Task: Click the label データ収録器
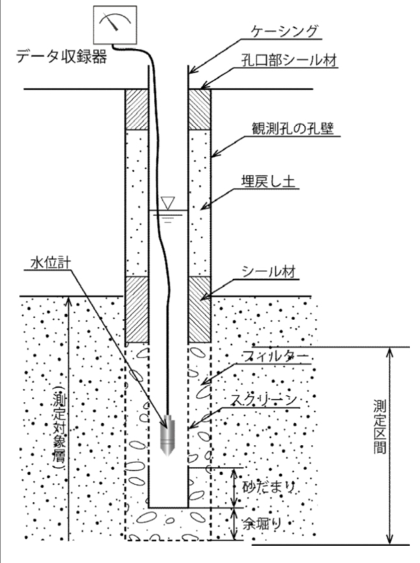[x=62, y=58]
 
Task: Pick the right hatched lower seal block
[x=199, y=308]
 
